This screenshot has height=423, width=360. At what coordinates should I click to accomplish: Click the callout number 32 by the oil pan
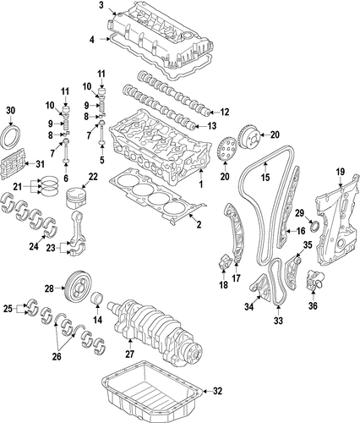pos(217,391)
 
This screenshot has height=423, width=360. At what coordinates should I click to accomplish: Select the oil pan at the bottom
pos(152,393)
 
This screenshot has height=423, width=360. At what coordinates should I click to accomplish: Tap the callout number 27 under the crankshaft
pos(130,354)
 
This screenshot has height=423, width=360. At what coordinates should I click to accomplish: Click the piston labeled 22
pos(76,198)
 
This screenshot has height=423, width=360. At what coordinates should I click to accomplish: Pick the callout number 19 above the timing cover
pos(341,172)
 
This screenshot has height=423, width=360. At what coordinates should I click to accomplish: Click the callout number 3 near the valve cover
pos(101,5)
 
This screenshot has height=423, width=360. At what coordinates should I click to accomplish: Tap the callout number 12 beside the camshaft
pos(225,113)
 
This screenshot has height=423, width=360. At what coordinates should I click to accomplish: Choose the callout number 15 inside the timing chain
pos(265,177)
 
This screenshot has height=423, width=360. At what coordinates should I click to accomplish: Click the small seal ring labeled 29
pos(315,227)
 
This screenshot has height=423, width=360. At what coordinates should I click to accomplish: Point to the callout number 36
pos(313,305)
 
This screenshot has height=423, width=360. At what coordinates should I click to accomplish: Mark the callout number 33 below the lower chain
pos(278,321)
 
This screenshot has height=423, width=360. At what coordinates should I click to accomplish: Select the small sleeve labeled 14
pos(97,299)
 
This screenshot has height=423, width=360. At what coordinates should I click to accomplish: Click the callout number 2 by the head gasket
pos(199,224)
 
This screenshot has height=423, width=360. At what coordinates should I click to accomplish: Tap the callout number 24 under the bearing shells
pos(34,246)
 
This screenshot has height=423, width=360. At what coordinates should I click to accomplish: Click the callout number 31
pos(40,164)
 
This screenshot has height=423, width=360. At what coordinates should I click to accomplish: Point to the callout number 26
pos(57,356)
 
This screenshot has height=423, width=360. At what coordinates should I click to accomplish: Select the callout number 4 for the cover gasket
pos(92,40)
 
